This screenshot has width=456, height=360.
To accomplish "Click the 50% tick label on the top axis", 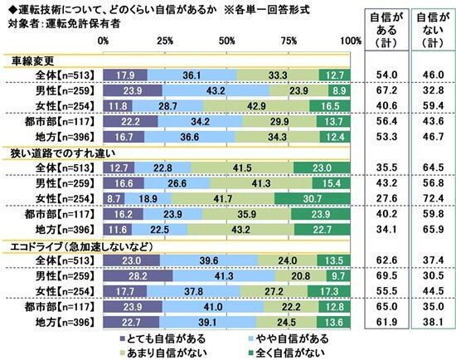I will (226, 40).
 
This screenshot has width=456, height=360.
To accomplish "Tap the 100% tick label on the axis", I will (349, 40).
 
